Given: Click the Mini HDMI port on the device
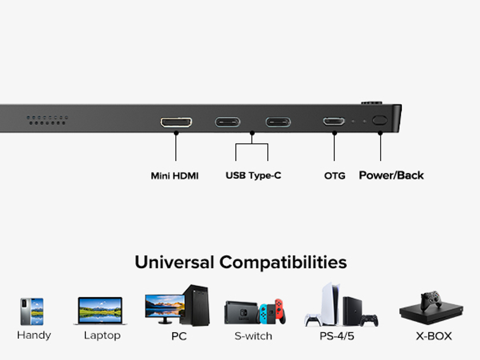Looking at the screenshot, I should pyautogui.click(x=176, y=122).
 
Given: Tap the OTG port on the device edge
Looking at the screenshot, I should pyautogui.click(x=334, y=121).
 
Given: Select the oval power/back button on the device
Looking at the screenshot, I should pyautogui.click(x=380, y=120).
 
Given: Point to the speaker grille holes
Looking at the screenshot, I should pyautogui.click(x=47, y=120).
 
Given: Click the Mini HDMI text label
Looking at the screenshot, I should pyautogui.click(x=174, y=176).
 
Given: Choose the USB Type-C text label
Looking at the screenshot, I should pyautogui.click(x=253, y=176).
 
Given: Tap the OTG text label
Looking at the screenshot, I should pyautogui.click(x=335, y=176).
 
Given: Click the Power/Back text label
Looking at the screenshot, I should pyautogui.click(x=391, y=176).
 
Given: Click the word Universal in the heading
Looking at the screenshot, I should pyautogui.click(x=174, y=263).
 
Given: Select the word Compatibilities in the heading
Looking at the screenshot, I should pyautogui.click(x=283, y=263).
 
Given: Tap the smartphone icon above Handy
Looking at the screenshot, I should pyautogui.click(x=32, y=312).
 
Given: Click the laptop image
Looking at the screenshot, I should pyautogui.click(x=100, y=311).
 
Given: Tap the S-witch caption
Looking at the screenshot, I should pyautogui.click(x=253, y=336).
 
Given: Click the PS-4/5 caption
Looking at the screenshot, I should pyautogui.click(x=337, y=336).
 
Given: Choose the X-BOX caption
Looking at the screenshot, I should pyautogui.click(x=433, y=336).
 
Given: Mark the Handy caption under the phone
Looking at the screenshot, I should pyautogui.click(x=34, y=335).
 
